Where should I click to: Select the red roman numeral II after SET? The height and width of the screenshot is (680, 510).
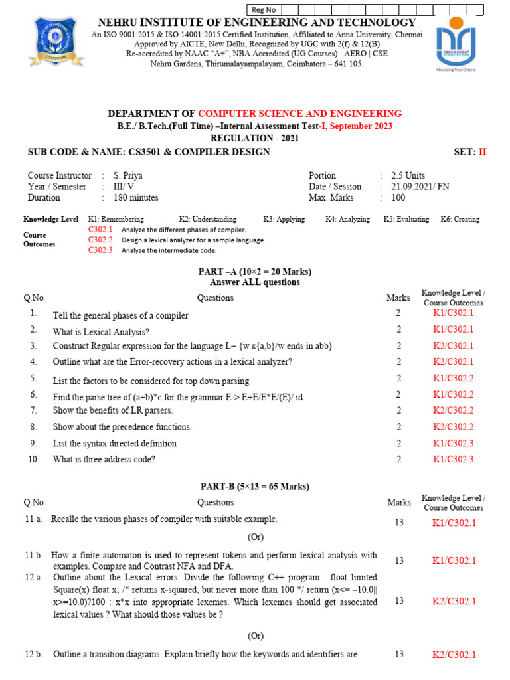[x=482, y=152]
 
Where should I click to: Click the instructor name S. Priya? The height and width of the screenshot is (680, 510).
[x=128, y=176]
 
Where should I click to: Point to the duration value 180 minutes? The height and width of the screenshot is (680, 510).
[x=136, y=197]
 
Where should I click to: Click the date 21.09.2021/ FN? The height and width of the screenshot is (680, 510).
[x=420, y=187]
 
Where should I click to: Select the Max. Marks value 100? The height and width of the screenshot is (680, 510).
[x=397, y=197]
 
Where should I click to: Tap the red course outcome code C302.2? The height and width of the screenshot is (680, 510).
[x=100, y=240]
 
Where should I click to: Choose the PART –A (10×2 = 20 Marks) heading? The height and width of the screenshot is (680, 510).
[x=255, y=272]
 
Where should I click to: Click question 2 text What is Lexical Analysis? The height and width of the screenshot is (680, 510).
[x=101, y=331]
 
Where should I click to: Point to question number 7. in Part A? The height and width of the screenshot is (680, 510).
[x=33, y=410]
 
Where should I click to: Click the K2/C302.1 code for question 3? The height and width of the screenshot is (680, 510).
[x=454, y=346]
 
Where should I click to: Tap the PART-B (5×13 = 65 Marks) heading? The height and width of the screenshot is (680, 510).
[x=255, y=487]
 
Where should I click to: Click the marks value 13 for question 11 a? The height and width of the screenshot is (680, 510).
[x=398, y=523]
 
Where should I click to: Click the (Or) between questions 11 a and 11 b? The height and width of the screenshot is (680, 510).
[x=255, y=536]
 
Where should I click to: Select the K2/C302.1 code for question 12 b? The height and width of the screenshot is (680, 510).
[x=454, y=655]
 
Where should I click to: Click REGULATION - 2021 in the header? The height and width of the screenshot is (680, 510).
[x=254, y=138]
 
